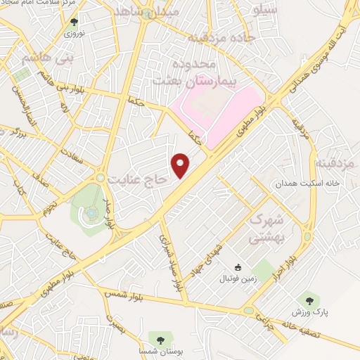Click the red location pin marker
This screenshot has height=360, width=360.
182,165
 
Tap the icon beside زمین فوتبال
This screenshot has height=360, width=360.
238,267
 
